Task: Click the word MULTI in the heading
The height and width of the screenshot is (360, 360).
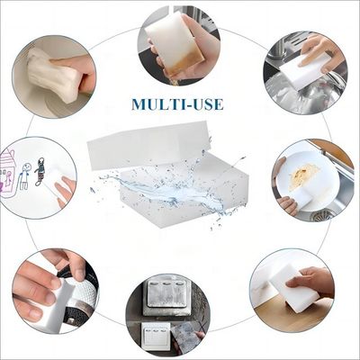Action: pyautogui.click(x=155, y=104)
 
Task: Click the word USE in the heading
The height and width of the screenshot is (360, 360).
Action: pyautogui.click(x=205, y=104)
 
